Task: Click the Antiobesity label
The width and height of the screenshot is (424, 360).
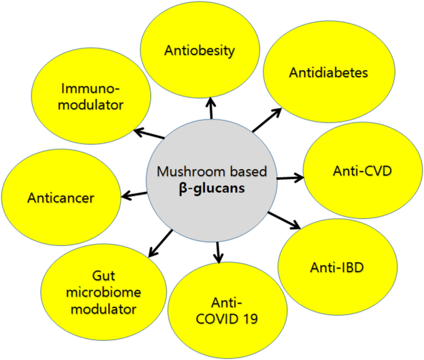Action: point(199,51)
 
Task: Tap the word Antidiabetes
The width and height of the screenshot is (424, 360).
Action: point(328,73)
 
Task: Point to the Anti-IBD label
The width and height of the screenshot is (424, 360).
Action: point(336,268)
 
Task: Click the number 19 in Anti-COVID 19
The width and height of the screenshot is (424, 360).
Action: point(248,319)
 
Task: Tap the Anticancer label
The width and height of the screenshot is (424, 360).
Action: point(61,198)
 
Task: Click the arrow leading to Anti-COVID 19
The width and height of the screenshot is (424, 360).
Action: point(217,252)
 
